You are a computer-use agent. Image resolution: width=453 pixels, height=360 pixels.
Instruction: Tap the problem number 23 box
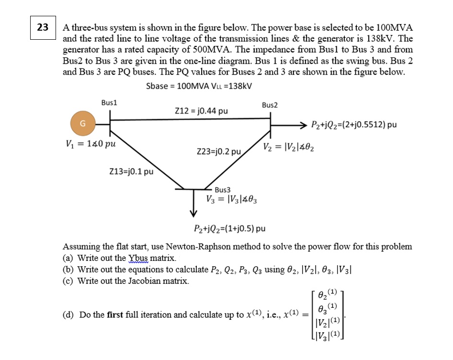(42, 27)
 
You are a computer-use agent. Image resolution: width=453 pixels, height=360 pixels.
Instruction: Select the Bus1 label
(109, 102)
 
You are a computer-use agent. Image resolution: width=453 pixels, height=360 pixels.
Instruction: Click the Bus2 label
(270, 104)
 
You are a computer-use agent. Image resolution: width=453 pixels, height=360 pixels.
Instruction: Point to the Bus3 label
(223, 190)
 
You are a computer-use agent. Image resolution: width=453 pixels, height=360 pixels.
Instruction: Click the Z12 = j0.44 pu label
(201, 111)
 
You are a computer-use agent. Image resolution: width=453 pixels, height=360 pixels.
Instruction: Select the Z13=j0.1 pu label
(131, 171)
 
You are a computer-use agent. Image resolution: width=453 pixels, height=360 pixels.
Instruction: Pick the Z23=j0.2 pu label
(219, 152)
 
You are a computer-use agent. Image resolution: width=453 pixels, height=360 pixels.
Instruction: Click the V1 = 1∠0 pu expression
(91, 143)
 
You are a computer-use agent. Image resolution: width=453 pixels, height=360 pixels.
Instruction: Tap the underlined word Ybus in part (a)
(139, 258)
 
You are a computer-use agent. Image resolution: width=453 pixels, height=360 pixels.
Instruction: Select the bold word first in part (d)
(114, 315)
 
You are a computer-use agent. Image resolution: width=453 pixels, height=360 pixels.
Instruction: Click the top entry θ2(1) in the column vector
(328, 293)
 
